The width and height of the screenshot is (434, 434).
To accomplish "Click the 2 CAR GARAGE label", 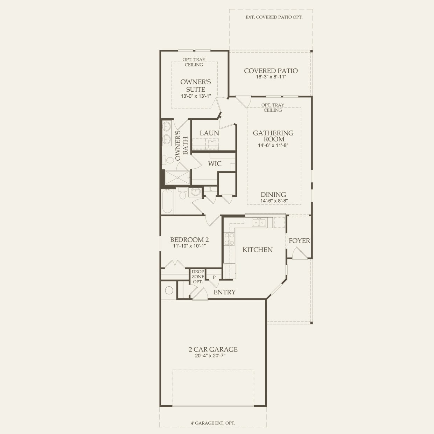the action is click(213, 349).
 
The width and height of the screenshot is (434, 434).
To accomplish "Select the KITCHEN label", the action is click(258, 250).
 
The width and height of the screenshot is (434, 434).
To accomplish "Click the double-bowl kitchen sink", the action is click(259, 223).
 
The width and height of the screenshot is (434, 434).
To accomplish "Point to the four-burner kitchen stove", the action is click(230, 239).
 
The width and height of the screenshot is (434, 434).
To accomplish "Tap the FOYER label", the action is click(299, 241).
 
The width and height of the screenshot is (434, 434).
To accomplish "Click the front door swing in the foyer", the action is click(300, 253).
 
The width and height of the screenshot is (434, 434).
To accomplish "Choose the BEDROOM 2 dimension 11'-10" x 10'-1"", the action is click(189, 246).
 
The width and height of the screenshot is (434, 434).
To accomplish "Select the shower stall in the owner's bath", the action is click(178, 177).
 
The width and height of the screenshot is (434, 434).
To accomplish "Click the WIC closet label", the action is click(215, 164).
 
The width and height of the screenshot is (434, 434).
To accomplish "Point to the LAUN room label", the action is click(209, 133).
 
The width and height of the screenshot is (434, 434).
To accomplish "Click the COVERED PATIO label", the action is click(271, 71).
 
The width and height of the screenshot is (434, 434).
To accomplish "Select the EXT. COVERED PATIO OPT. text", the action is click(274, 17).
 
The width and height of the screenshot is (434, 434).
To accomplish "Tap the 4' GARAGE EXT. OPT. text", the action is click(213, 423).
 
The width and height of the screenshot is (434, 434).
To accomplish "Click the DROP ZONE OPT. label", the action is click(198, 276).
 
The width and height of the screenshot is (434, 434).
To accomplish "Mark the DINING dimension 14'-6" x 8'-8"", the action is click(274, 201).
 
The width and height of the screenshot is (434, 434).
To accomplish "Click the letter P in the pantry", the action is click(214, 277).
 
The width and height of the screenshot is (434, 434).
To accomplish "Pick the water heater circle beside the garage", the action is click(169, 290).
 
